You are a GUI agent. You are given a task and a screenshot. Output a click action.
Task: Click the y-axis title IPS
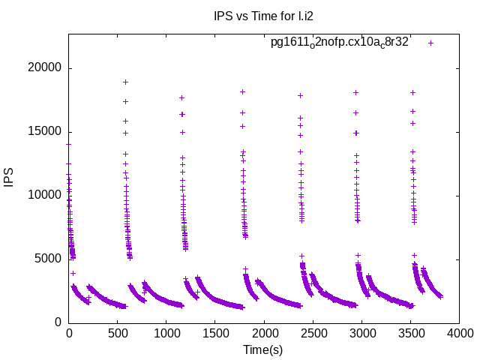[x=10, y=178]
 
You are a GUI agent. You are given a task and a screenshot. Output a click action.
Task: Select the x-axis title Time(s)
[x=263, y=349]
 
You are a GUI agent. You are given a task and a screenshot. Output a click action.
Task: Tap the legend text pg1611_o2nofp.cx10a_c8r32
[x=340, y=43]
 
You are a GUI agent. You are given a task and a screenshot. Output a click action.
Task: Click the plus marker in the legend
[x=430, y=43]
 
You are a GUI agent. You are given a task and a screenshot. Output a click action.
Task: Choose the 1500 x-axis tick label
[x=215, y=332]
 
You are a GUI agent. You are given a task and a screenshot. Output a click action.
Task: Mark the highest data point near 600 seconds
[x=125, y=82]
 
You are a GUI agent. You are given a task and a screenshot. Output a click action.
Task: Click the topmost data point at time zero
[x=68, y=144]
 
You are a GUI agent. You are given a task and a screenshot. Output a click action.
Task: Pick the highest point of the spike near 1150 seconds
[x=181, y=97]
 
